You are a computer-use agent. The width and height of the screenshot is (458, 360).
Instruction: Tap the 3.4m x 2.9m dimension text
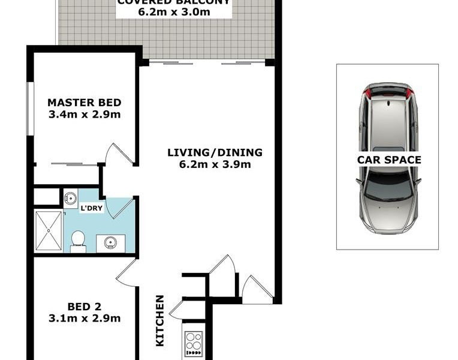pyautogui.click(x=84, y=113)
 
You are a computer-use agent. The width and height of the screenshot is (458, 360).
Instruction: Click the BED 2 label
pyautogui.click(x=84, y=306)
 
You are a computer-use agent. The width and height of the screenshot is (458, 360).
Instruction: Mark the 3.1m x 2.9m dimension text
pyautogui.click(x=84, y=318)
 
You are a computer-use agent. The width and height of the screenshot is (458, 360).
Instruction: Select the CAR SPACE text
pyautogui.click(x=389, y=160)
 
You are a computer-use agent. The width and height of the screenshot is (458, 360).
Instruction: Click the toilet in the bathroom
pyautogui.click(x=77, y=241)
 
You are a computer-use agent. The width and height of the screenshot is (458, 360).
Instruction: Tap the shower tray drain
pyautogui.click(x=49, y=230)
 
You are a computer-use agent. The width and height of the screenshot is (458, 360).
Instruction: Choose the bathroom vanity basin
pyautogui.click(x=110, y=242)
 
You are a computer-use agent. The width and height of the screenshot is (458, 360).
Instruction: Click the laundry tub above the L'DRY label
pyautogui.click(x=71, y=197)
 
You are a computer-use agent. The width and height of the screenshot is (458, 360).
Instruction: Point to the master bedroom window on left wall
pyautogui.click(x=29, y=109)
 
